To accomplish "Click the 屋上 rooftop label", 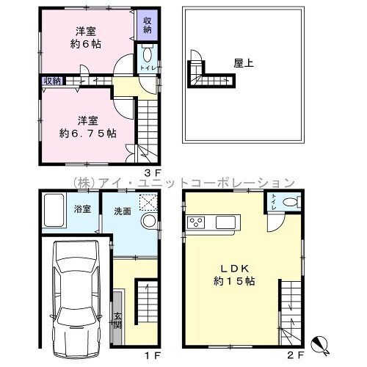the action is [244, 63].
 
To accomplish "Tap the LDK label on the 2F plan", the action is [235, 269].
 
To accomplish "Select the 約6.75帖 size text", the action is [88, 134].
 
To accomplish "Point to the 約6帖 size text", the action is [86, 44].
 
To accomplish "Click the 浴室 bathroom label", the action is [82, 209].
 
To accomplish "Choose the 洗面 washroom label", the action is [123, 211].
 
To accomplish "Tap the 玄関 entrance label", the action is [117, 321].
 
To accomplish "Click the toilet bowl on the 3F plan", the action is [147, 54].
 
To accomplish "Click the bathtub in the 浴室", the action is [54, 210].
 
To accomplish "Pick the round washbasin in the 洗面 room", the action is [149, 221].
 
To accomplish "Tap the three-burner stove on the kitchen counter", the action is [196, 222].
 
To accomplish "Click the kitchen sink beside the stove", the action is [225, 222].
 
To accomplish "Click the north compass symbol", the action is [319, 344].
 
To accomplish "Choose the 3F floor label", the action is [153, 173].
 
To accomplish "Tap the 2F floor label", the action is [296, 355].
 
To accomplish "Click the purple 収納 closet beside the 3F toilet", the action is [148, 25].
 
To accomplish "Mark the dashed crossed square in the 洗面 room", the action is [148, 202].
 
